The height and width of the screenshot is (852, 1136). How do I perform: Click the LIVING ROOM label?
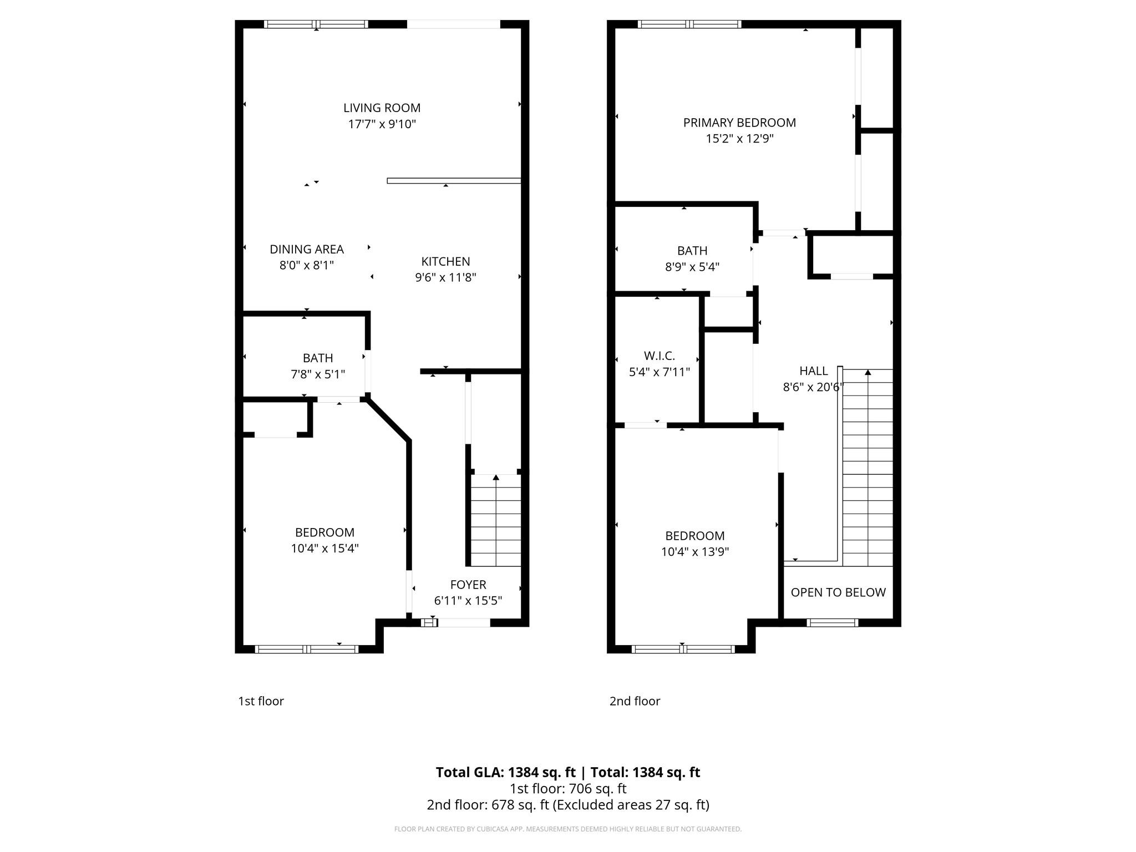(x=382, y=108)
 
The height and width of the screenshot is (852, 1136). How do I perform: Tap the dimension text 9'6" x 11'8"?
(x=445, y=277)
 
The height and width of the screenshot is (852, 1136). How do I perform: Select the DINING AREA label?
(x=307, y=250)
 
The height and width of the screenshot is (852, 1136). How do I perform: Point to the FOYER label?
(x=468, y=585)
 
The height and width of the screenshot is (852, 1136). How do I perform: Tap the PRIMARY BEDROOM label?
(x=739, y=123)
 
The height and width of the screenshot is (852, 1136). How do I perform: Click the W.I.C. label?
(x=659, y=356)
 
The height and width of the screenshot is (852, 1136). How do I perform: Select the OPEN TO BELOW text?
(x=838, y=592)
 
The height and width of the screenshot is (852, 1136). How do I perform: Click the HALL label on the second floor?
(x=813, y=371)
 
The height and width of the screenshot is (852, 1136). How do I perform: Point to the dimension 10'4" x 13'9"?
(x=695, y=552)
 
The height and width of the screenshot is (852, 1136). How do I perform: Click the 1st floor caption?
(x=261, y=701)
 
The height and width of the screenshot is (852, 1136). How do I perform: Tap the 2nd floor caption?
(x=635, y=701)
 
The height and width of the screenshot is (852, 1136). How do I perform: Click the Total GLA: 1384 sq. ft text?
(x=505, y=772)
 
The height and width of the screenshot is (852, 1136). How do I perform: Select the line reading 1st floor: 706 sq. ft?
(x=568, y=788)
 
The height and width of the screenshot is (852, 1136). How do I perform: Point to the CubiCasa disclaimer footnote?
(x=568, y=829)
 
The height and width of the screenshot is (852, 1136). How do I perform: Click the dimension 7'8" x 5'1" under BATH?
(x=318, y=374)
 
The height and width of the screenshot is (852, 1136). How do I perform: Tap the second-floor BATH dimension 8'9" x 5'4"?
(x=692, y=267)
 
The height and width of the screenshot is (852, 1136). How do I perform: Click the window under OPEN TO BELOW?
(x=832, y=622)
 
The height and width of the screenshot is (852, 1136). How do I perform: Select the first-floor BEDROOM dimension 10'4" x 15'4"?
(x=324, y=549)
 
